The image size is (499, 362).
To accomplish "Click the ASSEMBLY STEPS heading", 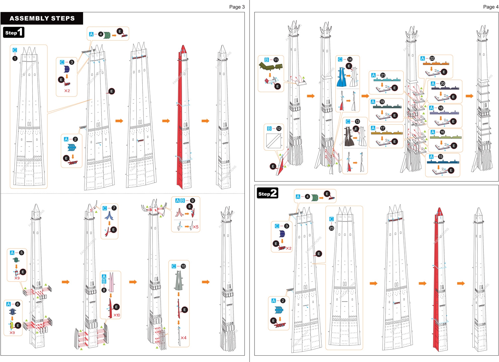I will pyautogui.click(x=42, y=18).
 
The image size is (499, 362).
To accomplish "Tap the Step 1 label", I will pyautogui.click(x=14, y=32).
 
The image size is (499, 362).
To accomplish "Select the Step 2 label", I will pyautogui.click(x=267, y=193).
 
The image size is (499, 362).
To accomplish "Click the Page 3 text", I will pyautogui.click(x=237, y=7).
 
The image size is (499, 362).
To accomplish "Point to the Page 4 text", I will pyautogui.click(x=491, y=7).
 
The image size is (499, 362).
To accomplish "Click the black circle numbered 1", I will pyautogui.click(x=15, y=59).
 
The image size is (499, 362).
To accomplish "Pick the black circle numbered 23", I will pyautogui.click(x=331, y=228).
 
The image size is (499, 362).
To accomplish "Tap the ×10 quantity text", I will pyautogui.click(x=117, y=315).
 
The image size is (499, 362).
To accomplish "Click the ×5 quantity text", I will pyautogui.click(x=196, y=227).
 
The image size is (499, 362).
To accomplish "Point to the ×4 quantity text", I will pyautogui.click(x=183, y=338).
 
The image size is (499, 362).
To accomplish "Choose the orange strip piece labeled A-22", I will pyautogui.click(x=436, y=63).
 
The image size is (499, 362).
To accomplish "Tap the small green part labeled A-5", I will pyautogui.click(x=16, y=260).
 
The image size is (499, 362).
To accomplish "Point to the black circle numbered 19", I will pyautogui.click(x=382, y=102).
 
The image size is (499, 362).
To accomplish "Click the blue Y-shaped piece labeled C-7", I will pyautogui.click(x=109, y=215).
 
